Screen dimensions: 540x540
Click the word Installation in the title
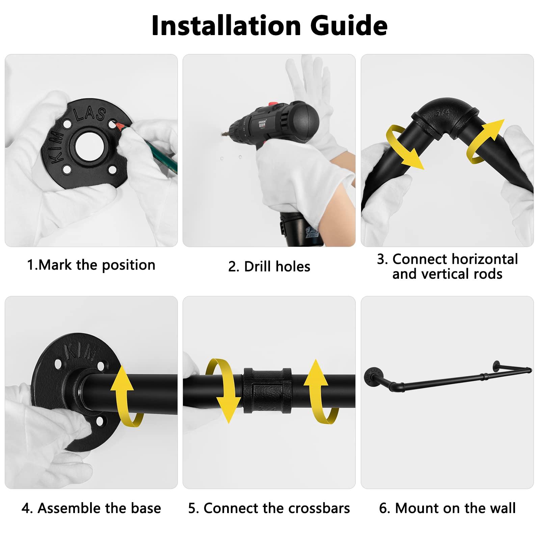coord(226,25)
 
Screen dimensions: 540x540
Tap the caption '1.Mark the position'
coord(91,265)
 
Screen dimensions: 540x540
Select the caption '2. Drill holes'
coord(269,266)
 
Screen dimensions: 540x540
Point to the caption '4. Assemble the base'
coord(91,508)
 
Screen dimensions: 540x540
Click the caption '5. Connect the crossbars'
coord(269,508)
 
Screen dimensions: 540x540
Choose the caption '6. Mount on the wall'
coord(447,508)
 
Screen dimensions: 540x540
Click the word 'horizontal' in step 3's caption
coord(484,259)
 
